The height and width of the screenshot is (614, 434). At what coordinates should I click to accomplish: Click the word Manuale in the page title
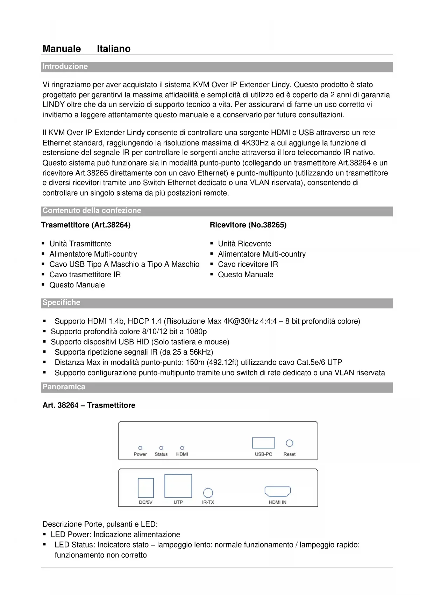[62, 49]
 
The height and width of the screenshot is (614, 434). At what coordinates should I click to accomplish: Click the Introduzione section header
[65, 67]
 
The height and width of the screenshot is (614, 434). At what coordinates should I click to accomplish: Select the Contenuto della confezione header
[92, 211]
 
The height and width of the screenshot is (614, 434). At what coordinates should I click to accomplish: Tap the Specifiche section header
[61, 302]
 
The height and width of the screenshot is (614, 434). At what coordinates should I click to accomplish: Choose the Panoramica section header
[64, 387]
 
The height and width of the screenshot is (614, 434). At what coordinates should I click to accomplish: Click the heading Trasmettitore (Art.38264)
[86, 225]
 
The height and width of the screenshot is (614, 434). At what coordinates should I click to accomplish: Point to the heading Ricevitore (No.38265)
[248, 225]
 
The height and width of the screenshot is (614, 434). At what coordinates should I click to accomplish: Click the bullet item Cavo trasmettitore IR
[85, 275]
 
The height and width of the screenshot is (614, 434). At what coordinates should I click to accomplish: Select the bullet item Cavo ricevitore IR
[248, 264]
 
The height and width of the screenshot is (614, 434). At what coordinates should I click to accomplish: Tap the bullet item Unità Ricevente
[244, 244]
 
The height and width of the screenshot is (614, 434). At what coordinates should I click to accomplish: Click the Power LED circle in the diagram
[140, 448]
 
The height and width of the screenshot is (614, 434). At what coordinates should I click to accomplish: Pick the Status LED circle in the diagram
[161, 448]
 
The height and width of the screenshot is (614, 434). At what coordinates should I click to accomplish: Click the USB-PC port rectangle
[263, 443]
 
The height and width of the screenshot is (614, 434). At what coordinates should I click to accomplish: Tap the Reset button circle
[290, 443]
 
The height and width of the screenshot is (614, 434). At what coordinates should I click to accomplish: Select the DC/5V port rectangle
[146, 488]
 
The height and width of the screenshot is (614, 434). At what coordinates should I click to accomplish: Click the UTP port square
[178, 486]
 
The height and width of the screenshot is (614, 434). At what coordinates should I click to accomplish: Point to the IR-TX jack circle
[208, 493]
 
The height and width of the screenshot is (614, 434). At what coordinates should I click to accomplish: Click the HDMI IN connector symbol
[278, 491]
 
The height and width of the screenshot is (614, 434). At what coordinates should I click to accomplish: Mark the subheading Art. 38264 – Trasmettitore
[89, 405]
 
